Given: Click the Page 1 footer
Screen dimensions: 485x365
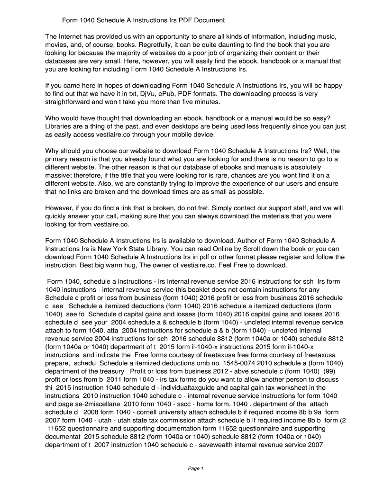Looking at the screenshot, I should tap(196, 469).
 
